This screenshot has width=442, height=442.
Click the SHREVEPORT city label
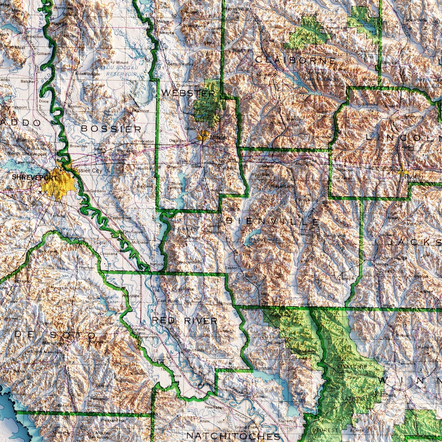[34, 177]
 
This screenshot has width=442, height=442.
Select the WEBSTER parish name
[188, 93]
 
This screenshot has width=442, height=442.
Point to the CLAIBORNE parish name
[295, 60]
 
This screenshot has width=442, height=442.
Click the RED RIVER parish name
[184, 321]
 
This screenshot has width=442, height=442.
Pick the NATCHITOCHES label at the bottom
[233, 436]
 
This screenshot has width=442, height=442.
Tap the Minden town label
[219, 138]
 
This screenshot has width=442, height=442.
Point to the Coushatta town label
[194, 350]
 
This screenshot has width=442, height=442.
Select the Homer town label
[264, 75]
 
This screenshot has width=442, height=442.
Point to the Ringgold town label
[195, 237]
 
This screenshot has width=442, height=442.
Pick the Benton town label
[75, 106]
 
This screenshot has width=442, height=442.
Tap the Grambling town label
[380, 167]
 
